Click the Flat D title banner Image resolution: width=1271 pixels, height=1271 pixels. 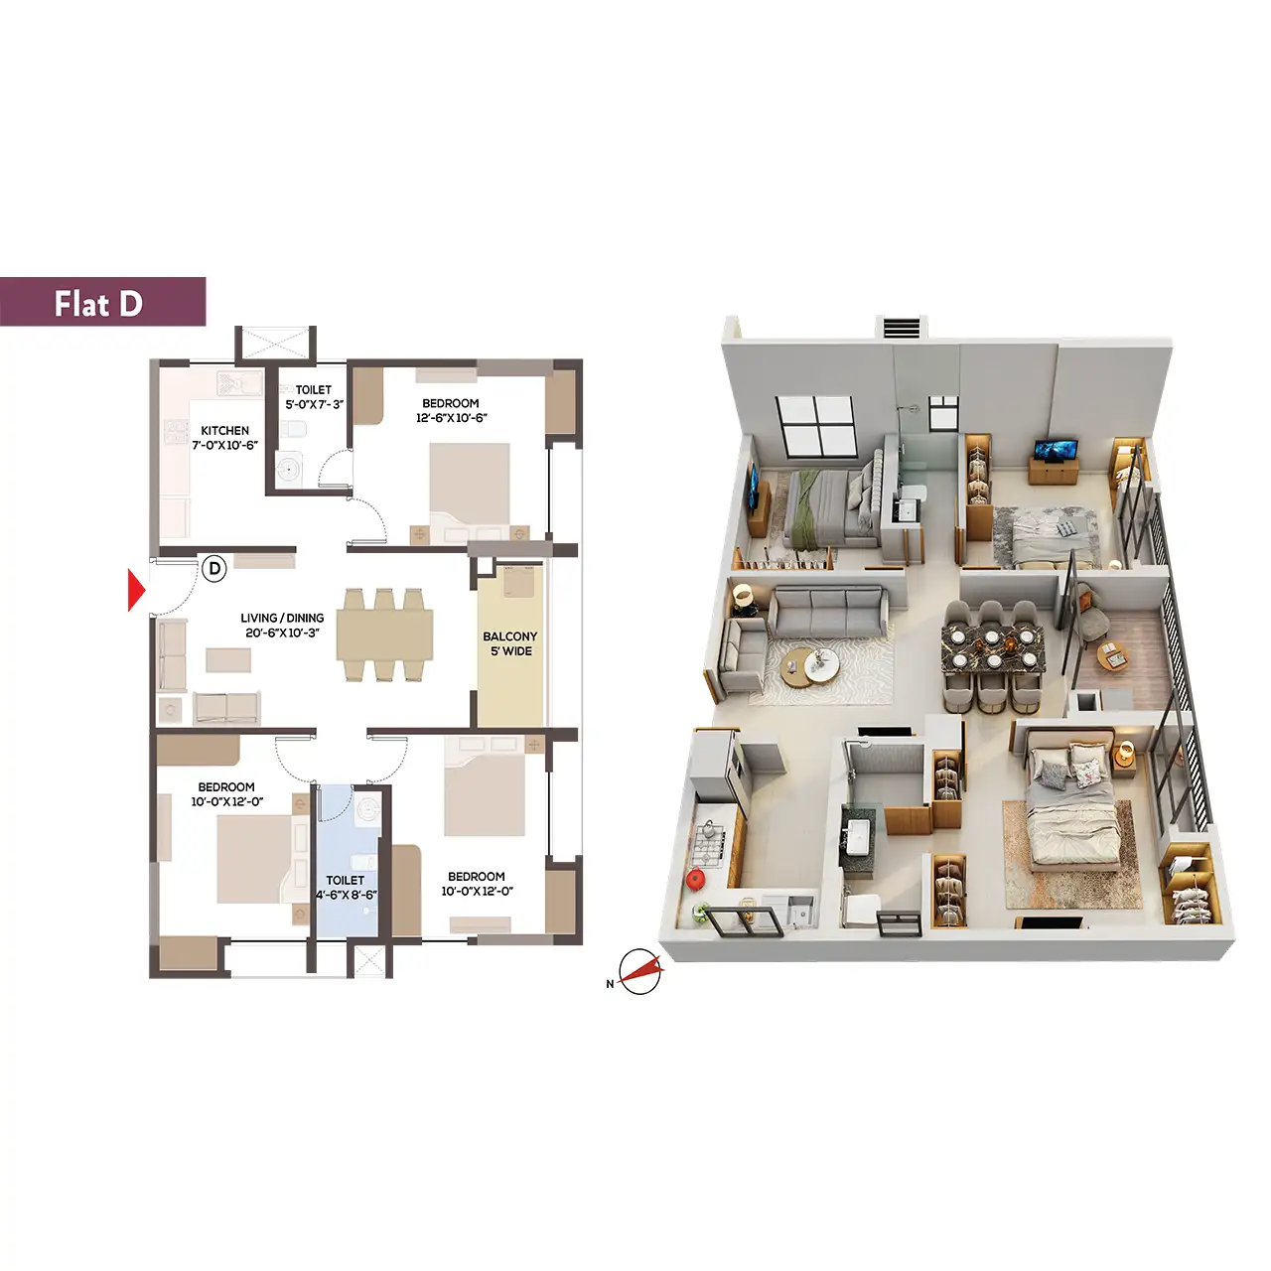[103, 302]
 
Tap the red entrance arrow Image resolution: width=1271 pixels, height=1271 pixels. [136, 590]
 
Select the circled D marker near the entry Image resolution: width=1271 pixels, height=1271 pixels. [213, 569]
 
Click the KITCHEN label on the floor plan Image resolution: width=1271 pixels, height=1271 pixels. [225, 431]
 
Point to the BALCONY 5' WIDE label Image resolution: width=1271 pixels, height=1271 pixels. [509, 643]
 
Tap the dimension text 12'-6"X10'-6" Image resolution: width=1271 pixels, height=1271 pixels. [451, 417]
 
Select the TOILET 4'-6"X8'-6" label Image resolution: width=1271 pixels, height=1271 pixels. [346, 887]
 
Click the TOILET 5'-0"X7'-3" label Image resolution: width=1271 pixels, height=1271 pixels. [314, 397]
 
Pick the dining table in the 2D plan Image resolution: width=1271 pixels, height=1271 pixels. [384, 635]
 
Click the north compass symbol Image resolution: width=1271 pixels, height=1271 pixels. [639, 971]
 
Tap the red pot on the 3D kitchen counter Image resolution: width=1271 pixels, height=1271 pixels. [695, 879]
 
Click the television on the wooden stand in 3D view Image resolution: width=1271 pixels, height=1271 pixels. [1055, 450]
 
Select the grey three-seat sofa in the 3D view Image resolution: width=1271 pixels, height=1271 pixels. [828, 612]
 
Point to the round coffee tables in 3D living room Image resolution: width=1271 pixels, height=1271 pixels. [810, 667]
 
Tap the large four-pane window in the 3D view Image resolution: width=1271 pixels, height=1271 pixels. [815, 426]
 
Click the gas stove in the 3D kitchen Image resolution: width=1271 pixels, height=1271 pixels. [708, 845]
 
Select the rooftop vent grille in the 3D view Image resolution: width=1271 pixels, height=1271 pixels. [901, 328]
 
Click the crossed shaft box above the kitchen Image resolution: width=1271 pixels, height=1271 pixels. [275, 344]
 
